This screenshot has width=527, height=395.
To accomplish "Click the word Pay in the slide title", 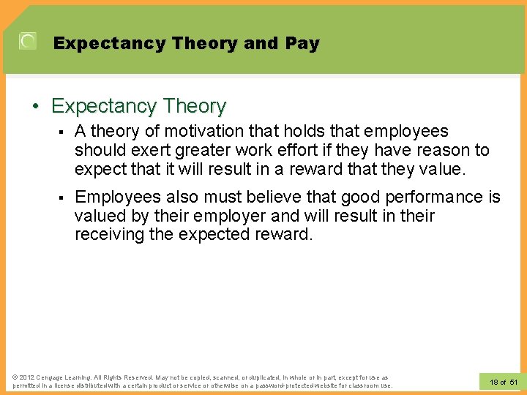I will point(302,44).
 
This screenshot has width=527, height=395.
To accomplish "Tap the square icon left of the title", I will point(27,42).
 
